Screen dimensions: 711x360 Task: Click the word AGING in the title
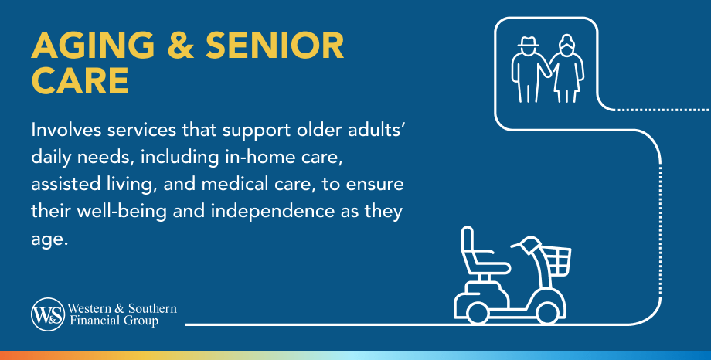tap(93, 46)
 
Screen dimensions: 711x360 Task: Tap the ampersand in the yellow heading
tap(180, 46)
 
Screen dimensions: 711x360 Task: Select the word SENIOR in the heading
tap(275, 46)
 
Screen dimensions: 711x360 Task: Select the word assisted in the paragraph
tap(60, 184)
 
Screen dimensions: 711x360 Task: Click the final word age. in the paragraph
tap(49, 239)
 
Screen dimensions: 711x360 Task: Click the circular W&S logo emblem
tap(48, 314)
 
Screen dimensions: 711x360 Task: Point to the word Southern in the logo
tap(152, 308)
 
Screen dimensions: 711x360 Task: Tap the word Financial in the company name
tap(90, 321)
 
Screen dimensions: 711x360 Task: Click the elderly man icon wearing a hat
tap(529, 69)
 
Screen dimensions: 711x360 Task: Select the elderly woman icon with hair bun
tap(566, 68)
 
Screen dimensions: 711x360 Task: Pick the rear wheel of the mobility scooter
tap(478, 312)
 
